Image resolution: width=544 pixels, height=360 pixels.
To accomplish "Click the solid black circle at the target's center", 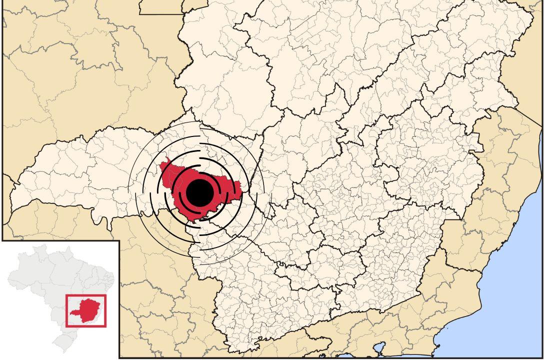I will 200,192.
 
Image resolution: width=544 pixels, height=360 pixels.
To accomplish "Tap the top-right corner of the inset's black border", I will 119,241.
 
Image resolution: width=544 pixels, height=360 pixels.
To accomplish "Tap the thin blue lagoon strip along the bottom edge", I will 350,357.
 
